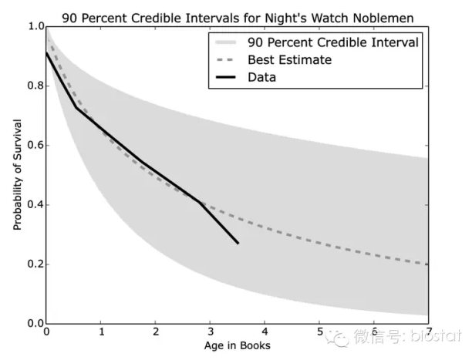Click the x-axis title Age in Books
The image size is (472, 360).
click(x=236, y=345)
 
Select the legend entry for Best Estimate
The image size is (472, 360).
click(x=289, y=59)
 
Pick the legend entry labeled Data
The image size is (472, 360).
click(x=262, y=77)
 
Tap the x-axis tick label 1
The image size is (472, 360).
click(x=101, y=332)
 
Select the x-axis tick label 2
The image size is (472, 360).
click(x=156, y=332)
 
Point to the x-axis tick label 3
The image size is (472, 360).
click(x=210, y=332)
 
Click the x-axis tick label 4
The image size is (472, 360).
click(x=265, y=332)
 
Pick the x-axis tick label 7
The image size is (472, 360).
click(x=427, y=332)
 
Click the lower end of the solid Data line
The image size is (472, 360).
click(x=238, y=243)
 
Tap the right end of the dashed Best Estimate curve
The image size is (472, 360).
click(x=426, y=264)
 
